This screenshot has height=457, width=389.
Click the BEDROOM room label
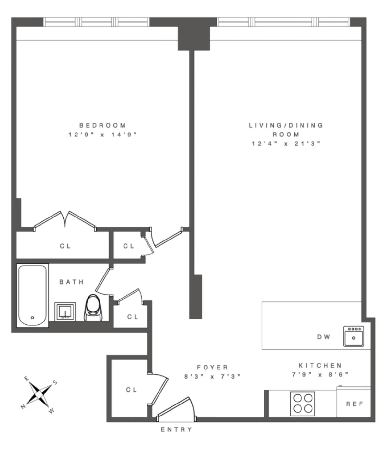[x=102, y=125]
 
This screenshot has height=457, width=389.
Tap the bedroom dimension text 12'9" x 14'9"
[x=102, y=135]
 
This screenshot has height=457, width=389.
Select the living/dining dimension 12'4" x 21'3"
[x=286, y=144]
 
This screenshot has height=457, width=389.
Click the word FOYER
[x=213, y=367]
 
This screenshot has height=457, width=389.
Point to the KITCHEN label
[x=320, y=366]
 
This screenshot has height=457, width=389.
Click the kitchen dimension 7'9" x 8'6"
[x=320, y=375]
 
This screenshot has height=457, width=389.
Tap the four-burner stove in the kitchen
[x=303, y=404]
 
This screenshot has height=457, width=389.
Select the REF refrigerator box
[x=354, y=404]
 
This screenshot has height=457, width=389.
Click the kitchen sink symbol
[x=354, y=336]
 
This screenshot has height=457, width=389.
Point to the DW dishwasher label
[x=324, y=337]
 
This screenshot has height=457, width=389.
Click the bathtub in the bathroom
[x=32, y=296]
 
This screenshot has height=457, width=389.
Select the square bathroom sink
[x=65, y=312]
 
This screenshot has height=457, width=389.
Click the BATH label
[x=72, y=282]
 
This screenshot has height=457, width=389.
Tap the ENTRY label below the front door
[x=177, y=429]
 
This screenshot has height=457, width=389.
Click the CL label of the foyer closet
[x=132, y=390]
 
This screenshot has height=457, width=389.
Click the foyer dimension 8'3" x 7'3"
[x=213, y=377]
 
